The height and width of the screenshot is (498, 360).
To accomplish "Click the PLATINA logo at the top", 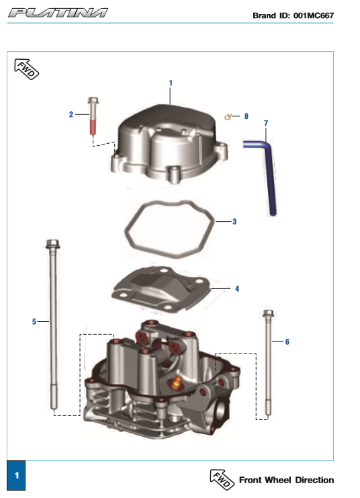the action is click(58, 13).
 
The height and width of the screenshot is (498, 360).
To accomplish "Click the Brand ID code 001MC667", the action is click(314, 15).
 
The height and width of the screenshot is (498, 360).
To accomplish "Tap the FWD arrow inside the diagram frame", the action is click(27, 69).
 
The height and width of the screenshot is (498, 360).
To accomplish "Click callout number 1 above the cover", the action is click(171, 83).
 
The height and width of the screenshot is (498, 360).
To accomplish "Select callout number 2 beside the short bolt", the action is click(71, 114).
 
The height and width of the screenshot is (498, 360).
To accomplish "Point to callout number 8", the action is click(246, 116).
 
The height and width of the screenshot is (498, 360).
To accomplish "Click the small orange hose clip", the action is click(228, 116).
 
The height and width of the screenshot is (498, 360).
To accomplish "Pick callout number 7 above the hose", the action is click(266, 123).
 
